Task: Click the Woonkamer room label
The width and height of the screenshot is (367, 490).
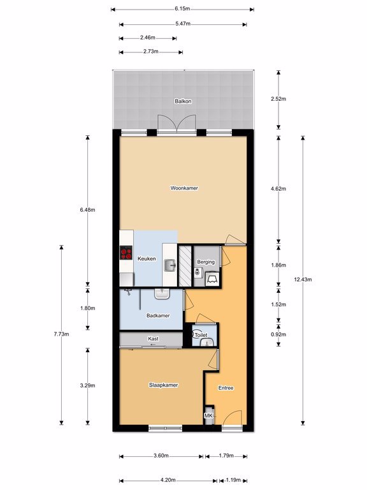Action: pos(184,188)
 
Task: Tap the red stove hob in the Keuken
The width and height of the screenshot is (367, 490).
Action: pos(126,253)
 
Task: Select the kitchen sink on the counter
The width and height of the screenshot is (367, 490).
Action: pos(170,265)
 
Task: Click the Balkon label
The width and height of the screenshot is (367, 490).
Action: pos(183,101)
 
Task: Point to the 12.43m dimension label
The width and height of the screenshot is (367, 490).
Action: pos(303,279)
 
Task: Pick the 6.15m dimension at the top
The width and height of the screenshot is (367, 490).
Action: pos(182,9)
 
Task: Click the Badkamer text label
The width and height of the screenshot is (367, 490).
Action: pos(158,316)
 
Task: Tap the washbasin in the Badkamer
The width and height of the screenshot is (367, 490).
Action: pos(162,293)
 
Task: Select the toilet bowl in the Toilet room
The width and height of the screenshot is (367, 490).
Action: pos(197,334)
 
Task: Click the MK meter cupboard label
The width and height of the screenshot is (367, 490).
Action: pos(208,415)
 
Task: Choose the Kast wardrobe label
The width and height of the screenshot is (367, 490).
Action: pos(153,338)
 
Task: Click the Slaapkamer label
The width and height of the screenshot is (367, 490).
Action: pos(164,385)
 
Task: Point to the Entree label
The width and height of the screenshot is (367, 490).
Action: pos(226,388)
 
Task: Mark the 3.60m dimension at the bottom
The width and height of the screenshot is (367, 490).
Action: pos(161,456)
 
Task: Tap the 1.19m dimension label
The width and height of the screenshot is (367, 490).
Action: pos(233,480)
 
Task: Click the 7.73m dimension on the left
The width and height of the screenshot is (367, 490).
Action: pos(61,334)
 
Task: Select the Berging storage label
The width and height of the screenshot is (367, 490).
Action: pos(206,262)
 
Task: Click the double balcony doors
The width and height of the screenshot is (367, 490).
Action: pos(177,123)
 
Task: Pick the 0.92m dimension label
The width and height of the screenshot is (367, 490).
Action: pos(278,334)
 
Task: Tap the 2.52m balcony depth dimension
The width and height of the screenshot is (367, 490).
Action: pos(278,99)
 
